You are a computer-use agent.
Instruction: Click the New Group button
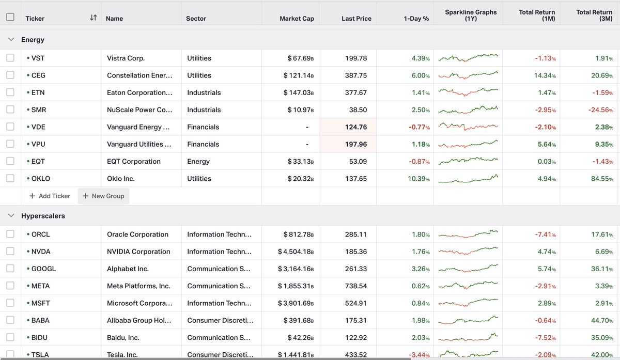tap(103, 196)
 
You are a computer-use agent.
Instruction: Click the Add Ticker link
tap(50, 196)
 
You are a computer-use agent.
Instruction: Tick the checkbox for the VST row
tap(10, 58)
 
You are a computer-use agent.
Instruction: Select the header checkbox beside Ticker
tap(10, 17)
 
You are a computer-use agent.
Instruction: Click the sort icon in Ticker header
tap(93, 18)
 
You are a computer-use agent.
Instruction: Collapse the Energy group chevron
tap(11, 40)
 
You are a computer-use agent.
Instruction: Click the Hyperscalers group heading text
tap(43, 216)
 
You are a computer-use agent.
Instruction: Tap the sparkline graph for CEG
tap(468, 75)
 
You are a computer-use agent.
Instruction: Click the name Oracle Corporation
tap(137, 234)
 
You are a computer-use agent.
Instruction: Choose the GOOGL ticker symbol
tap(43, 269)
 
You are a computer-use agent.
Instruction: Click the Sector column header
tap(196, 19)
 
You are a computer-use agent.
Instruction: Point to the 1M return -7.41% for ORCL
tap(545, 234)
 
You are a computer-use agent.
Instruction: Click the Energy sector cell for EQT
tap(198, 162)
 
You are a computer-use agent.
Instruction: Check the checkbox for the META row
tap(10, 286)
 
